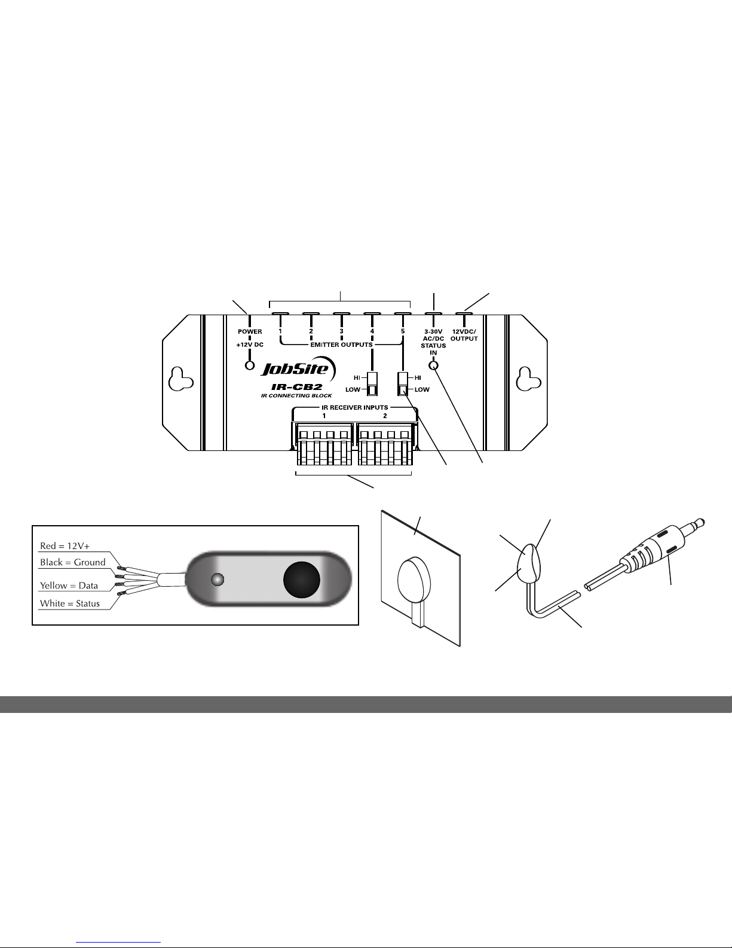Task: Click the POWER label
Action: pos(250,331)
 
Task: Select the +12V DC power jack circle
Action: pos(250,365)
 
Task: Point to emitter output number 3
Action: pos(341,331)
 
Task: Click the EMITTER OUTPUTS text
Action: pos(341,345)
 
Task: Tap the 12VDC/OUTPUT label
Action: pos(464,335)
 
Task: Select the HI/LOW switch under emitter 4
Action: pos(372,384)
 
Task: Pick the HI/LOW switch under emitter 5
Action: pos(403,384)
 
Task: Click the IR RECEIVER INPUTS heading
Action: pos(355,408)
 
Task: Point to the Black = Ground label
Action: pos(72,562)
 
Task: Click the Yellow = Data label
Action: pos(69,586)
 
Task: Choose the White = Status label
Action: pos(69,603)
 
